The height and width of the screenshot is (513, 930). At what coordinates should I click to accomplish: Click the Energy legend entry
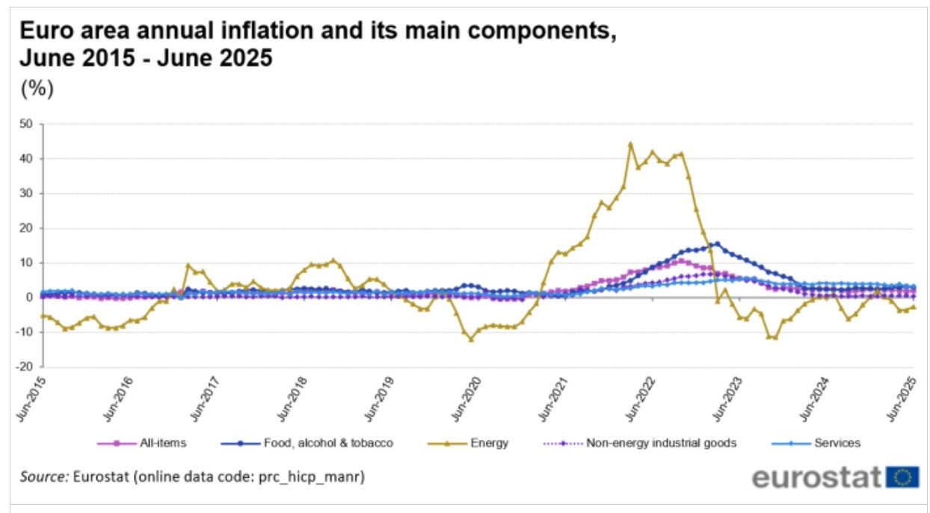[489, 443]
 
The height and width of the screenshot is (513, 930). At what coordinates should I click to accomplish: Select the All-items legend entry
[161, 443]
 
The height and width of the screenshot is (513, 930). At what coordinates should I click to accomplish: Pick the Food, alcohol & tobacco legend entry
[327, 443]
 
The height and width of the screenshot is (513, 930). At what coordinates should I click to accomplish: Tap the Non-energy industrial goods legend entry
[661, 443]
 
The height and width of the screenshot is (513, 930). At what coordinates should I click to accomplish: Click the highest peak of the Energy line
[630, 144]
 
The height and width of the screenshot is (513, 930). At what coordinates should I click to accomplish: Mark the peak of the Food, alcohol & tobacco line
[717, 243]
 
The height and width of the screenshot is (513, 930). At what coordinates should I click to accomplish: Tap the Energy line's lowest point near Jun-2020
[471, 339]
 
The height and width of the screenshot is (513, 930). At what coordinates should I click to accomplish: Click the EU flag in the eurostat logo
[903, 477]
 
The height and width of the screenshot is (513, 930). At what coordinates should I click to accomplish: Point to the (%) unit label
[37, 89]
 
